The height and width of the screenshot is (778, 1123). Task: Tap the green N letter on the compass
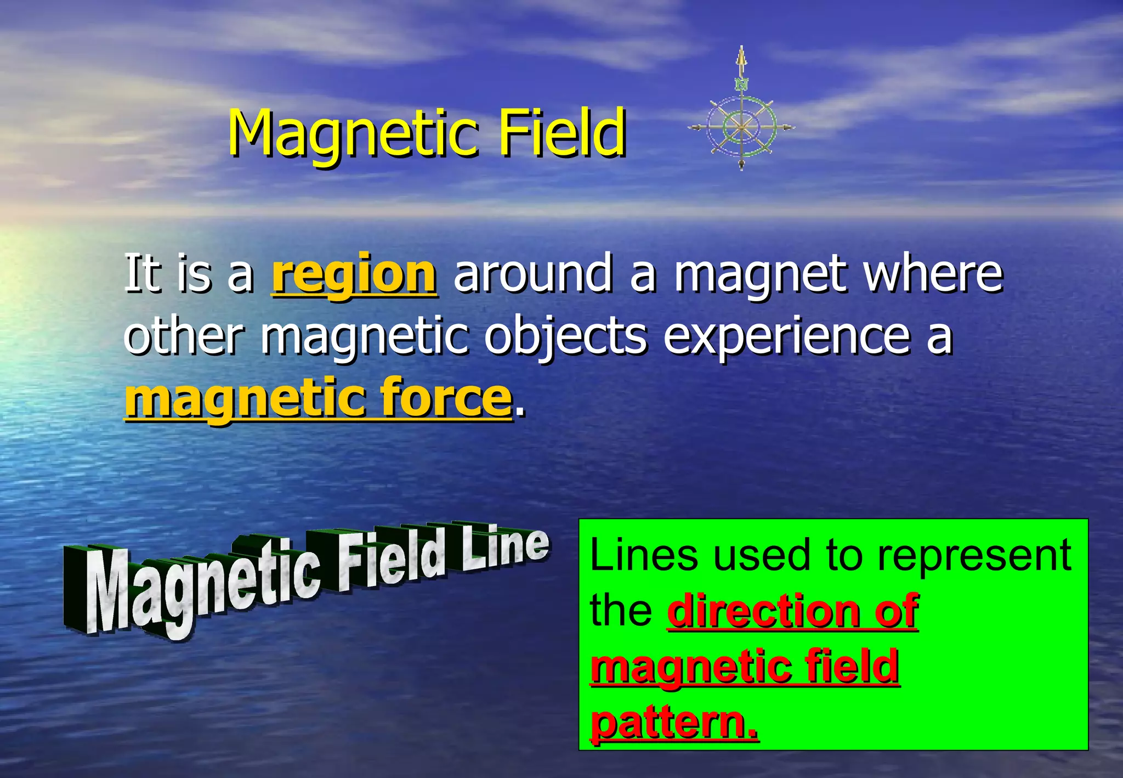[741, 84]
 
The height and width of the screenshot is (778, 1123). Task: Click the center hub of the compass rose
[741, 127]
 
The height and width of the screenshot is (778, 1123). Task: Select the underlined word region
[354, 274]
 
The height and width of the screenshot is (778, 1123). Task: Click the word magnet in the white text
[760, 274]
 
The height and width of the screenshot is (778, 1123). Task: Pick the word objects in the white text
[565, 336]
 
